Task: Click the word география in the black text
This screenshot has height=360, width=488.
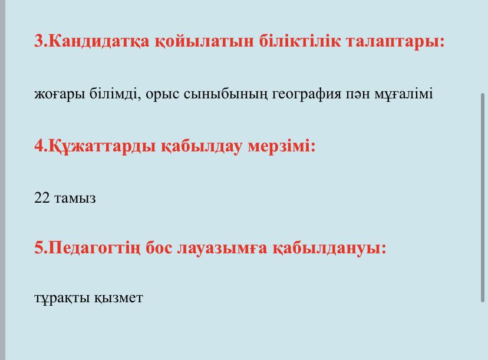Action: (x=306, y=94)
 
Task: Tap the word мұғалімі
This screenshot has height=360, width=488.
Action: (x=403, y=94)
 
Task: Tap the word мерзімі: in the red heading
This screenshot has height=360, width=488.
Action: (x=282, y=146)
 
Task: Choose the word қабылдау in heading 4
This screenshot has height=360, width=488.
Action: (x=202, y=146)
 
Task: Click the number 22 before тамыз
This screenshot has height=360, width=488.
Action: (x=42, y=197)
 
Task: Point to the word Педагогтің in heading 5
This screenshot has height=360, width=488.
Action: (x=95, y=248)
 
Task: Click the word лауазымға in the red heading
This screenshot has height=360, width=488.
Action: (x=222, y=248)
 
